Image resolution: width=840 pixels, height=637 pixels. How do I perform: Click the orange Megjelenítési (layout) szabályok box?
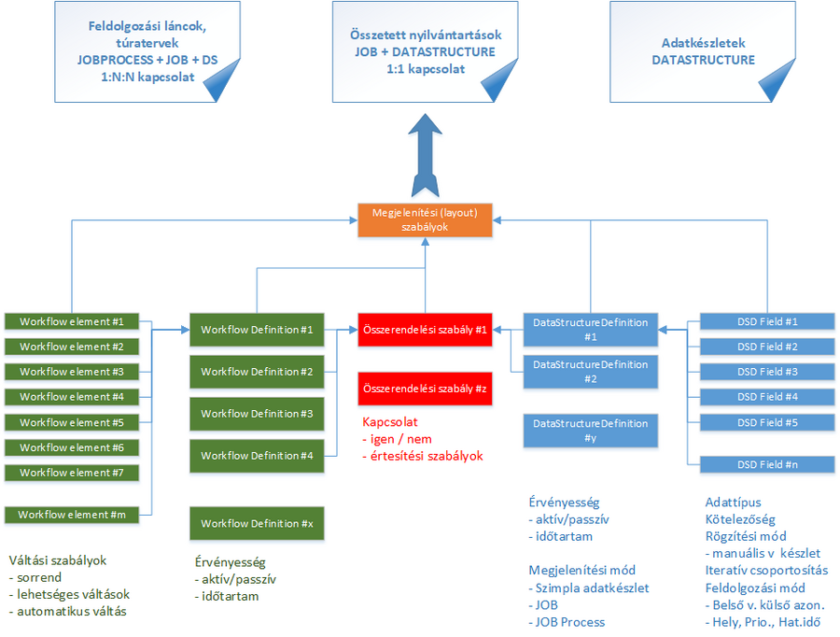pyautogui.click(x=425, y=219)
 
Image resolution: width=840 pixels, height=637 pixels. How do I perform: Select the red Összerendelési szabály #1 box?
pyautogui.click(x=425, y=330)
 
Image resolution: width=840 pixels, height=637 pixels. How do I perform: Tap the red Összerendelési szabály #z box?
pyautogui.click(x=425, y=387)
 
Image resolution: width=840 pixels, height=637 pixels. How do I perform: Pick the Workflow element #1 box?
pyautogui.click(x=72, y=321)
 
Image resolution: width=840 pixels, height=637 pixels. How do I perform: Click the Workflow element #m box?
pyautogui.click(x=72, y=515)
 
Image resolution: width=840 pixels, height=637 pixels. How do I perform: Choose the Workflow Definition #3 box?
pyautogui.click(x=257, y=413)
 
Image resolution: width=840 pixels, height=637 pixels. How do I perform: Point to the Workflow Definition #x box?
pyautogui.click(x=257, y=523)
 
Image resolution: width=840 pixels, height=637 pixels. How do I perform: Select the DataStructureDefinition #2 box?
pyautogui.click(x=590, y=372)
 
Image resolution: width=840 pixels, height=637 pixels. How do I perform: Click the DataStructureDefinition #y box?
pyautogui.click(x=590, y=431)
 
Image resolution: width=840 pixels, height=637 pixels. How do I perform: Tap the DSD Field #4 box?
pyautogui.click(x=767, y=397)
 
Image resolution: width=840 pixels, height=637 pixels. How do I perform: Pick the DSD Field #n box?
pyautogui.click(x=767, y=464)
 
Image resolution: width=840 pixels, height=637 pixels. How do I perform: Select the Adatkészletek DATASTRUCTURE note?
pyautogui.click(x=703, y=51)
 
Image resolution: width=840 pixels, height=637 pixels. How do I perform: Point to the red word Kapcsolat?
pyautogui.click(x=391, y=422)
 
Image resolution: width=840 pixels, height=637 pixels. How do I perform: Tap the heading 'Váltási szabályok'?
pyautogui.click(x=58, y=561)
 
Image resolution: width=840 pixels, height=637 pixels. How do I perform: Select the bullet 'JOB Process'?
pyautogui.click(x=571, y=622)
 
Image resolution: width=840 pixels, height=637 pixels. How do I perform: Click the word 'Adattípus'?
pyautogui.click(x=733, y=503)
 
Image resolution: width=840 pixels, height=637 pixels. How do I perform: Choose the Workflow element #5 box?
pyautogui.click(x=72, y=422)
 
